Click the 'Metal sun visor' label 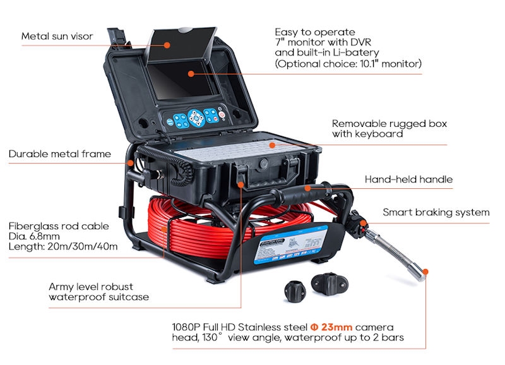pyautogui.click(x=57, y=36)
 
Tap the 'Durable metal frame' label pyautogui.click(x=59, y=153)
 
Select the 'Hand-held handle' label pyautogui.click(x=408, y=179)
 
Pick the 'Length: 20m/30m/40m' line pyautogui.click(x=63, y=246)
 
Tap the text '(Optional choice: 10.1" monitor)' pyautogui.click(x=348, y=64)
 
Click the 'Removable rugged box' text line pyautogui.click(x=389, y=124)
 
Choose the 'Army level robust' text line pyautogui.click(x=91, y=287)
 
